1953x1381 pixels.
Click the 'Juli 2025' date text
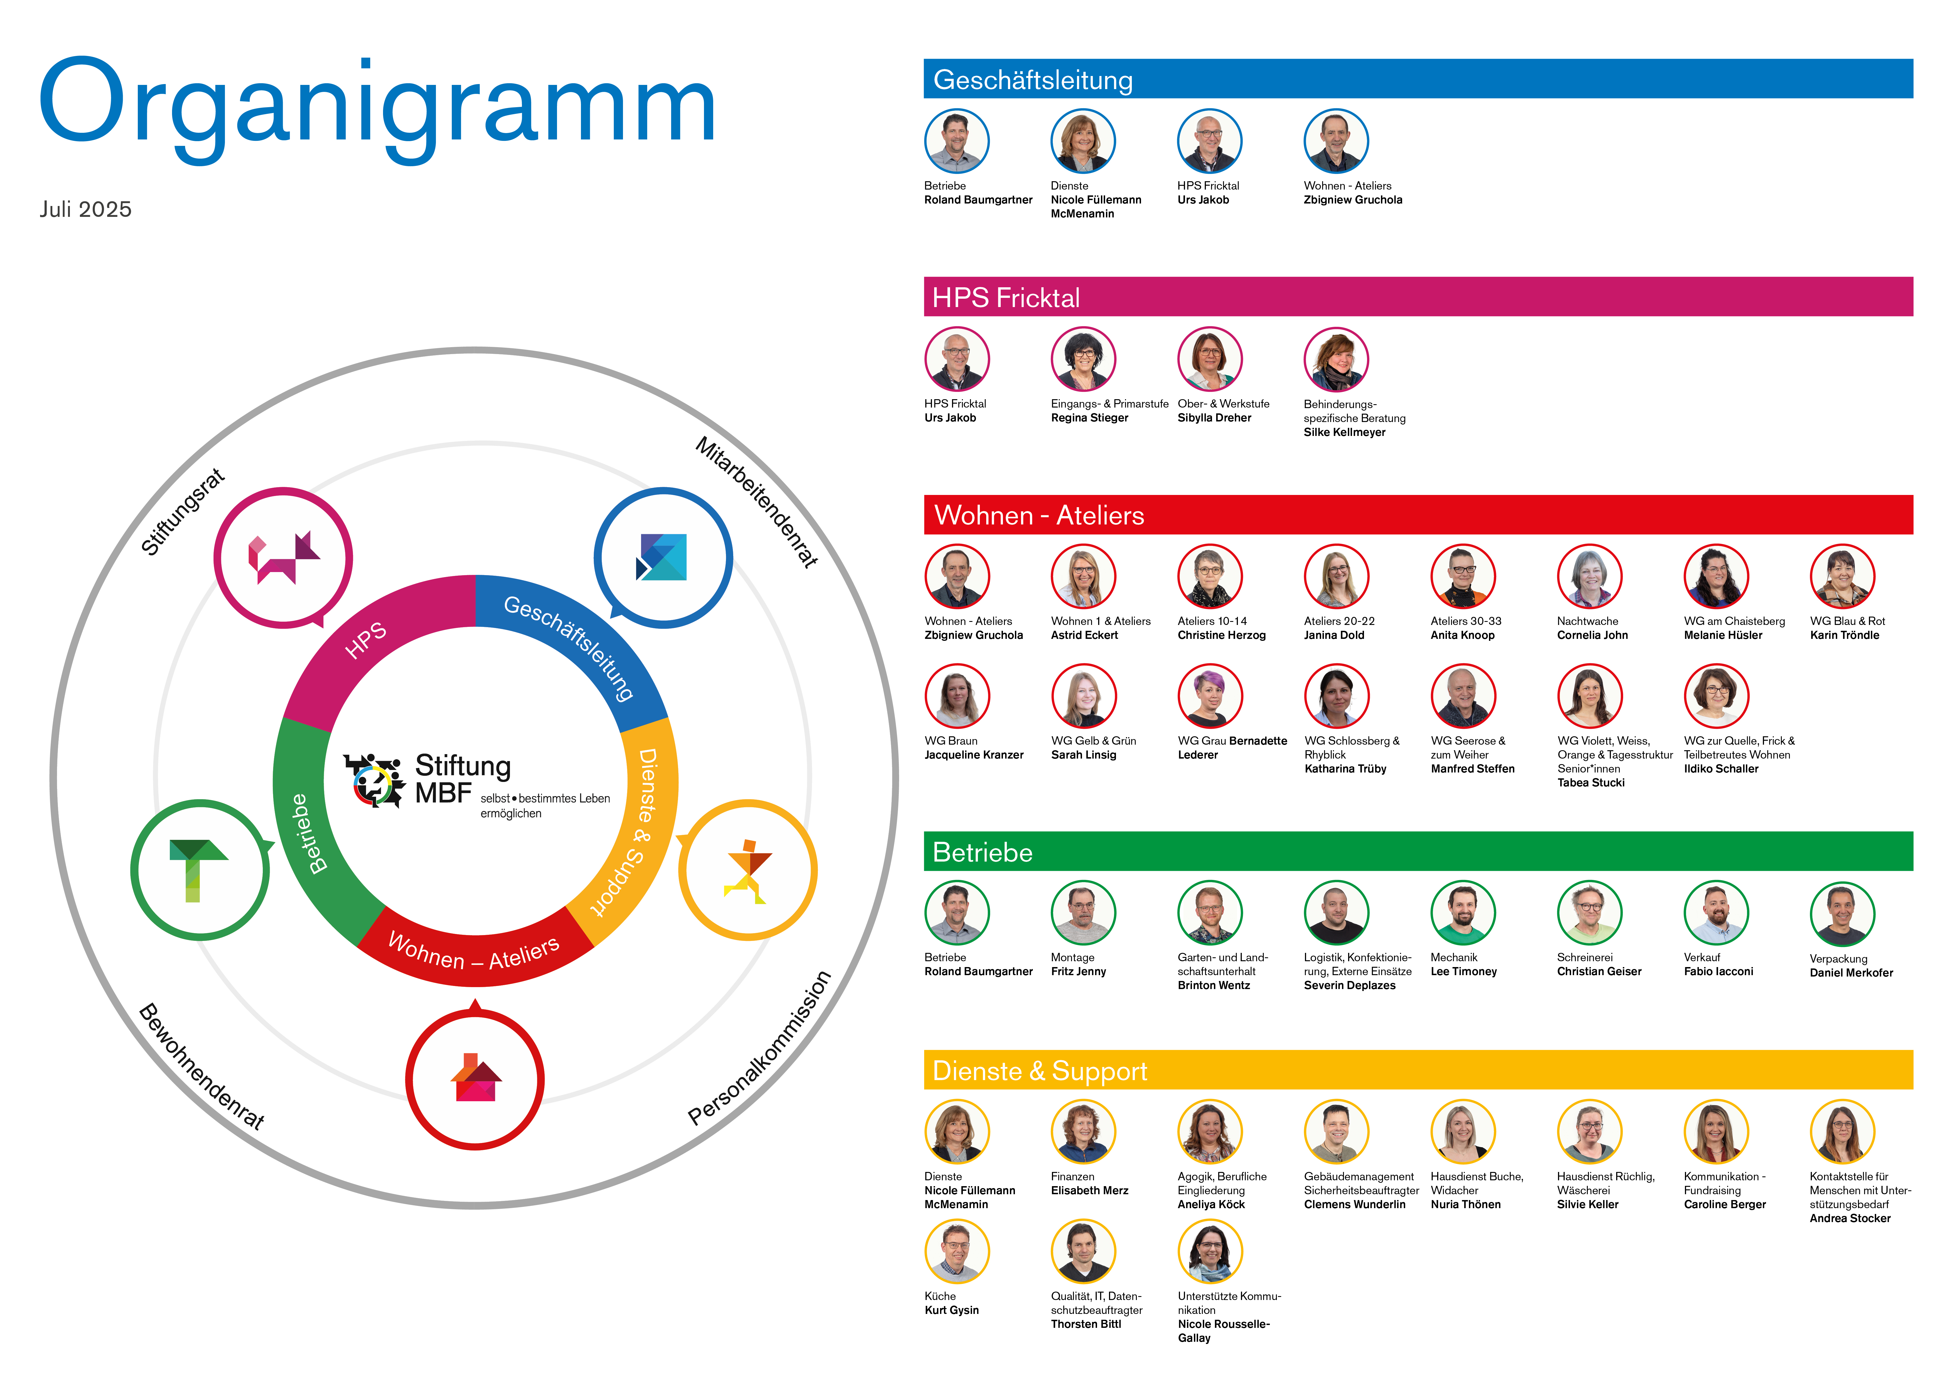[x=85, y=209]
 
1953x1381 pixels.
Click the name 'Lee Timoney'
[x=1463, y=972]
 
